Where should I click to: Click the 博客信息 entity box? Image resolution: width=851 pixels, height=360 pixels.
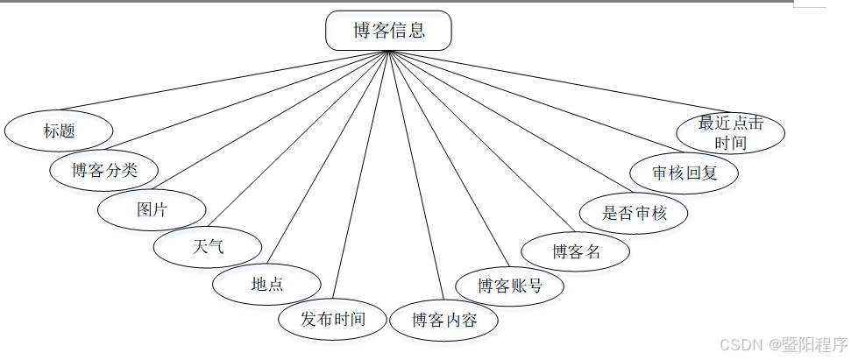(x=388, y=31)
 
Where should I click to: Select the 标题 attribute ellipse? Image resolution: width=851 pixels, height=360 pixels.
(x=59, y=131)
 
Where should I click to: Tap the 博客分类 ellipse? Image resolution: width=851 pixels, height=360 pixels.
(x=104, y=170)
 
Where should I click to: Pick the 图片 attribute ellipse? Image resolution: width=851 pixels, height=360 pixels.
(x=152, y=210)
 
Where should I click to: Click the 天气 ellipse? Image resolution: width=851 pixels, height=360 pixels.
(x=208, y=246)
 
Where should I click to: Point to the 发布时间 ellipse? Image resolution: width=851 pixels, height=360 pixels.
(x=332, y=319)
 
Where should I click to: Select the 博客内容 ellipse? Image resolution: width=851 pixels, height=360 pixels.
(x=444, y=321)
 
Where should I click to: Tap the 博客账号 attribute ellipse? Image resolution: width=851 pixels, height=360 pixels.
(x=510, y=286)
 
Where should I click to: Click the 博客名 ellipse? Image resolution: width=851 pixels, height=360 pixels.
(x=576, y=252)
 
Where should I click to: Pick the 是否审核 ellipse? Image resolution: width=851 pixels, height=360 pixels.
(x=635, y=213)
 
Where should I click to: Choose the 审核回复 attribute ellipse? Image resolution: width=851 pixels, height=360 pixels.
(x=684, y=173)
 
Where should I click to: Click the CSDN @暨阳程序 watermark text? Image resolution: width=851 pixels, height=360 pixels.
(x=783, y=344)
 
